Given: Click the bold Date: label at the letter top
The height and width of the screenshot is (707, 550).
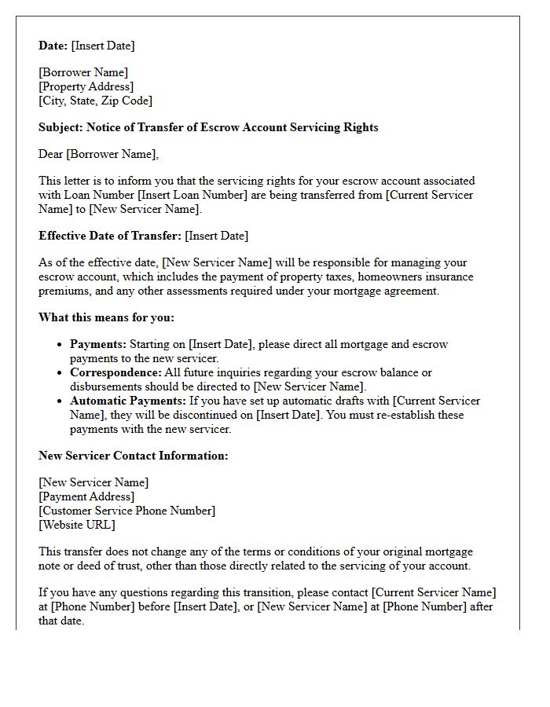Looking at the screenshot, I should [53, 46].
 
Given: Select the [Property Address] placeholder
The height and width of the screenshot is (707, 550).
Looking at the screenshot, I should [86, 86].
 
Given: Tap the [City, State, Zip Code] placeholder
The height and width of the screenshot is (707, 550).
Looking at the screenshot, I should [96, 101].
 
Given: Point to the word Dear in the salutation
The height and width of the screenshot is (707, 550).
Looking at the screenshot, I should [51, 154].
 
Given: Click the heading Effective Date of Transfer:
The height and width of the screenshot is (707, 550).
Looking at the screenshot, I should [110, 236].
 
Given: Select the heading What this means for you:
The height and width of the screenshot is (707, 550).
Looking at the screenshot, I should [106, 317].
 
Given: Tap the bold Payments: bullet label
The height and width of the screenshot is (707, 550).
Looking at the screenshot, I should [98, 344].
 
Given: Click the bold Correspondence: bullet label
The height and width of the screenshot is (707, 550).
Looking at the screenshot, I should [115, 372].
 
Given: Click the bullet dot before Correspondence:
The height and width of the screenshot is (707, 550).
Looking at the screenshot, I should [61, 373].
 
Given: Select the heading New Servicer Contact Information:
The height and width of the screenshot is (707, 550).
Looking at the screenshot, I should [134, 456].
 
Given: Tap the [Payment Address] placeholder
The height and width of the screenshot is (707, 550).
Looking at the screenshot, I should [86, 496].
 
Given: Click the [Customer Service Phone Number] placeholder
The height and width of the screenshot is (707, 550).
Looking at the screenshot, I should [126, 511].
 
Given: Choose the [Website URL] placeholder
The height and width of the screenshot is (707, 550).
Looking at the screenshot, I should [77, 525].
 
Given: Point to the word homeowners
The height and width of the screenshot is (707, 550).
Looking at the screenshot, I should [347, 277].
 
